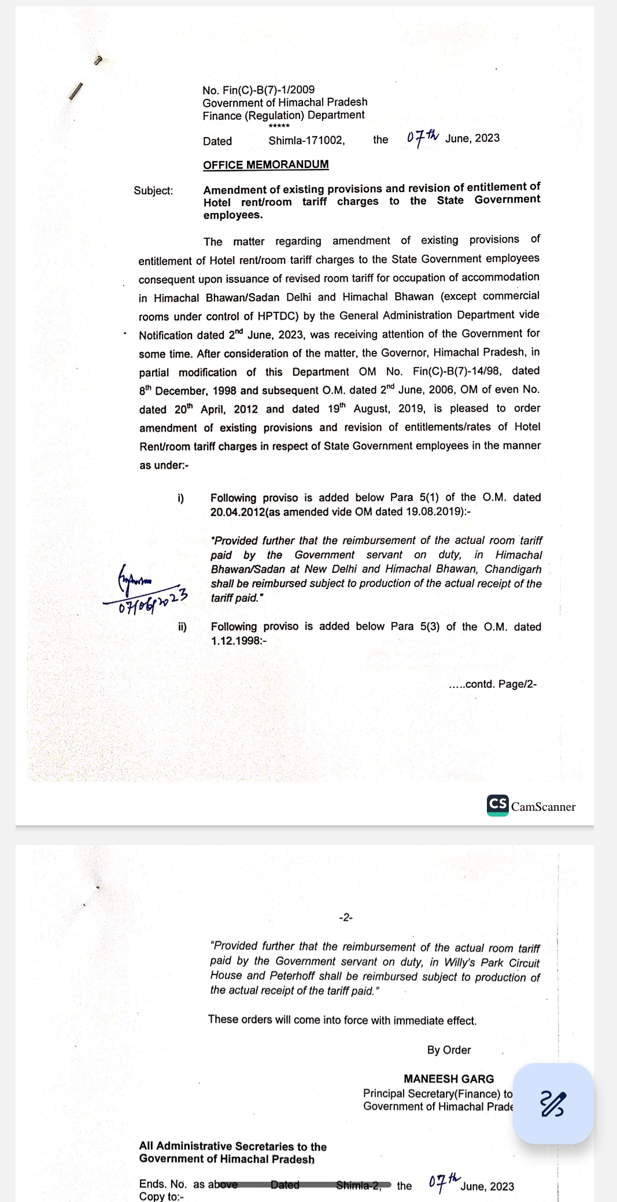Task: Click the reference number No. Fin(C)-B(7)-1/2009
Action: pos(258,90)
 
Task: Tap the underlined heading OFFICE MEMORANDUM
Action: pos(265,165)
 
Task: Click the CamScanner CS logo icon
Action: pos(497,804)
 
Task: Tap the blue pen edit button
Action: pos(553,1103)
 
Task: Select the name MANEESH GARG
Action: pos(449,1079)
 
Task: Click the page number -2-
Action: pos(346,917)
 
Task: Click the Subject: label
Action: pos(153,190)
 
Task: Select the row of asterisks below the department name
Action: pos(279,126)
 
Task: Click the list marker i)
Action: pos(181,498)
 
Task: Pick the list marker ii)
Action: pos(182,627)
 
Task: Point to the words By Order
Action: pos(449,1050)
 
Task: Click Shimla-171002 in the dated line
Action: pos(306,141)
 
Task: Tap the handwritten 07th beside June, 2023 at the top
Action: pos(423,137)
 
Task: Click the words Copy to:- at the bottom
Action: pos(161,1196)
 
